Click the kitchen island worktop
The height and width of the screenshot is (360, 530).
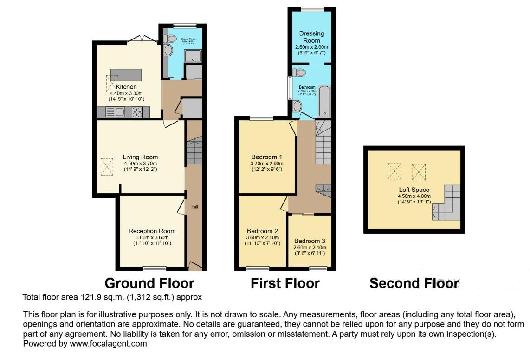[x=126, y=74]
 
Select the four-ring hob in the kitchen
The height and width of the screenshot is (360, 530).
[x=137, y=111]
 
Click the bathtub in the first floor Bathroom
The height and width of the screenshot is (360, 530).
[x=324, y=101]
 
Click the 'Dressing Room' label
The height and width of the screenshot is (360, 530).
[x=311, y=37]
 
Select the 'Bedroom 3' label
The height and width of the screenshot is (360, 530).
[x=310, y=241]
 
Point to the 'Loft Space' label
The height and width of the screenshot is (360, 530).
[x=414, y=190]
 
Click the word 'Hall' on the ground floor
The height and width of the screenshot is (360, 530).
[x=195, y=207]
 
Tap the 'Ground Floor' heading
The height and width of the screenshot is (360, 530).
[x=149, y=283]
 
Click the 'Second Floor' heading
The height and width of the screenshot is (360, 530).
[x=414, y=283]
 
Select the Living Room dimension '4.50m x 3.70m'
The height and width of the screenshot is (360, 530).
[x=140, y=164]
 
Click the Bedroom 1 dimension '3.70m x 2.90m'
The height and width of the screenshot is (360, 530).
[x=266, y=163]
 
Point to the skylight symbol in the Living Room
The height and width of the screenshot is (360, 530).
[x=107, y=166]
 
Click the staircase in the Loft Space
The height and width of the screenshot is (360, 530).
[x=446, y=203]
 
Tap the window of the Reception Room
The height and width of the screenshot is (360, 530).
[x=155, y=268]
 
